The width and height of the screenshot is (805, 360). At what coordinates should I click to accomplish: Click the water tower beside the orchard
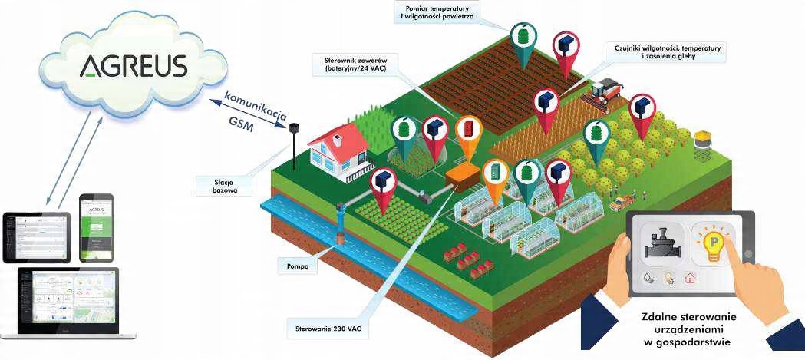click(703, 145)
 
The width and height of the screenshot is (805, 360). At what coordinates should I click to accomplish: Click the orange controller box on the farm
click(465, 173)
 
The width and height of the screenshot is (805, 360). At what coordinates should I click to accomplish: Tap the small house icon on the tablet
click(692, 279)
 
